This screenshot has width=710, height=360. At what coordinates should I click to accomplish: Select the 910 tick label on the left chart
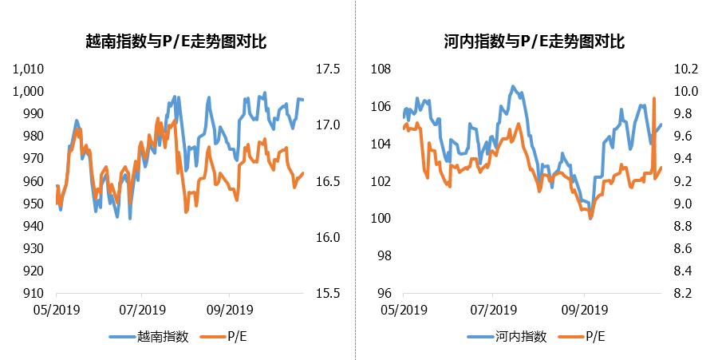click(34, 293)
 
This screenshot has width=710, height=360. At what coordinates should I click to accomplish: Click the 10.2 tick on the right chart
click(686, 69)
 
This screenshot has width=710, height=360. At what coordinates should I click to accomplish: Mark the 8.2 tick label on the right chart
click(686, 293)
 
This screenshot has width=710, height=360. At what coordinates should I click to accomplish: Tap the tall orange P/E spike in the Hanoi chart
click(654, 100)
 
